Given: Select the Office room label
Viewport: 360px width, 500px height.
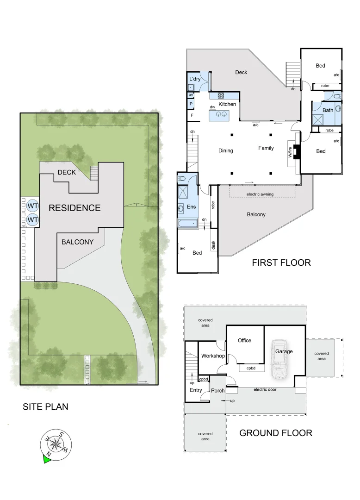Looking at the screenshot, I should coord(244,340).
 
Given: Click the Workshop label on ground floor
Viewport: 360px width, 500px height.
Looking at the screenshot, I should coord(213,356).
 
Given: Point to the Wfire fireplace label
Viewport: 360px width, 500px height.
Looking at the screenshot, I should coord(290,152).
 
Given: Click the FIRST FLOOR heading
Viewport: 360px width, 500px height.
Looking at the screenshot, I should coord(281,263).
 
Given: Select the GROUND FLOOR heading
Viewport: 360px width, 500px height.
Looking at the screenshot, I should coord(275,433).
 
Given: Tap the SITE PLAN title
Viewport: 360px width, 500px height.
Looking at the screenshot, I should coord(45,406).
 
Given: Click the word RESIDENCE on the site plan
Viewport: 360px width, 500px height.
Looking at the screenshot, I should coord(74,208).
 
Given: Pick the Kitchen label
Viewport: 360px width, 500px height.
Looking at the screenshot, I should coord(227,104).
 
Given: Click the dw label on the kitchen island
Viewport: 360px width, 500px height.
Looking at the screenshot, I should coord(212,107).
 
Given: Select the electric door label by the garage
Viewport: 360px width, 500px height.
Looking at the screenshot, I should coord(265,389).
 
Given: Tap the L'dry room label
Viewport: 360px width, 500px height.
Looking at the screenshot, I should coord(195,79).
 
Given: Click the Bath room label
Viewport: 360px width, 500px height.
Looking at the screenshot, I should coord(328,110).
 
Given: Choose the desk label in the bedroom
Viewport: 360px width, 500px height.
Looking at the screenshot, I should coord(213,245).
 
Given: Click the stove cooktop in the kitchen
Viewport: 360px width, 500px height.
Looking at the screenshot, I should coord(221,96).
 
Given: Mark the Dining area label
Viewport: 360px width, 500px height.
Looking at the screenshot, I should coord(226,150).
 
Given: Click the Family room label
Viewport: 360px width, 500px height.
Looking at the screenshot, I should coord(266,148).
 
